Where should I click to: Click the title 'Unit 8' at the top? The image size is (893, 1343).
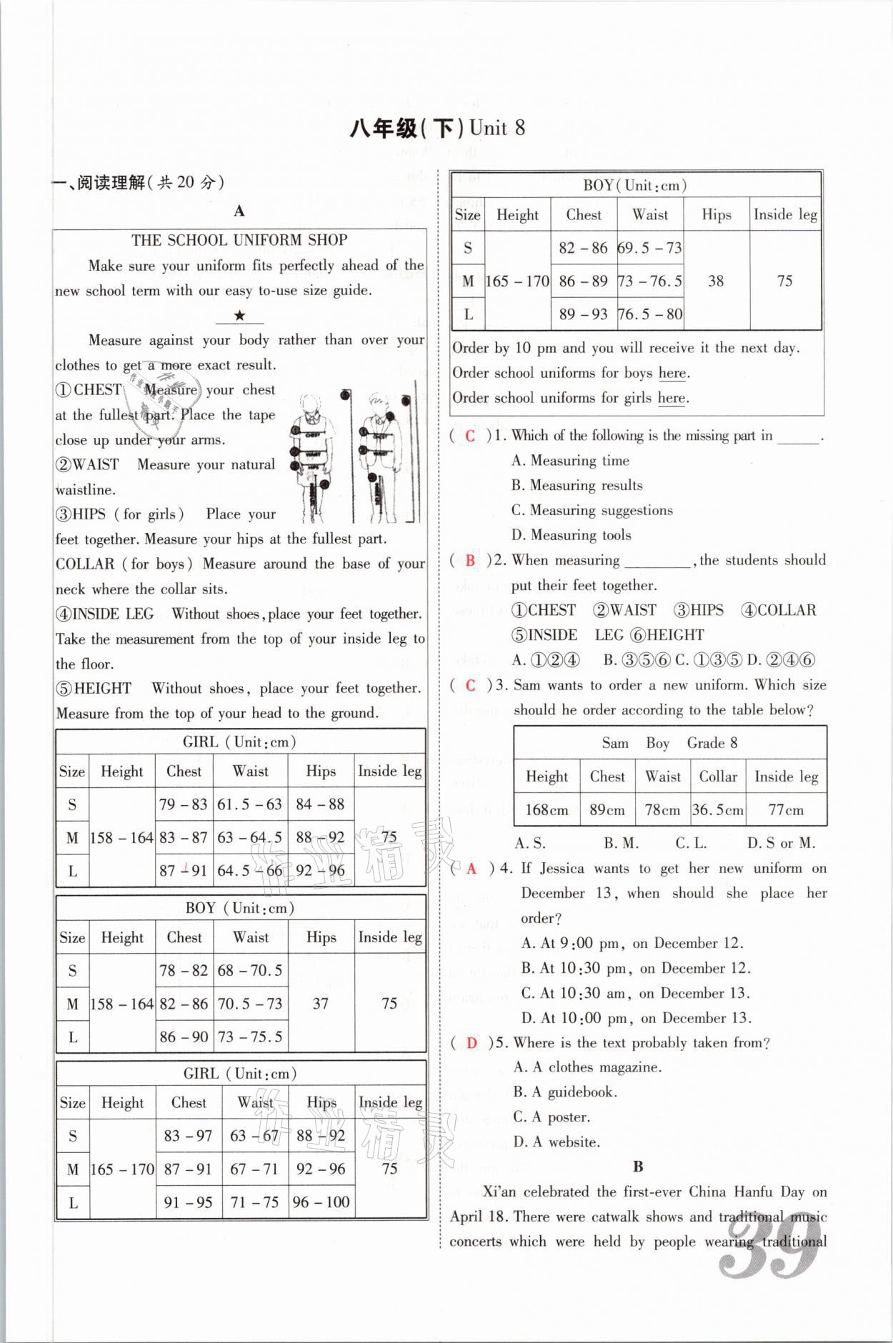click(x=497, y=129)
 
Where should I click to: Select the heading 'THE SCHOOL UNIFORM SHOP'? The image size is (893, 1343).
click(x=239, y=240)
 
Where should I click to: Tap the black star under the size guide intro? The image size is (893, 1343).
click(x=240, y=316)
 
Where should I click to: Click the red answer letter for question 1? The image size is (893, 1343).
click(x=469, y=436)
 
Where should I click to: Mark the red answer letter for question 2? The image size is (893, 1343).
click(x=469, y=561)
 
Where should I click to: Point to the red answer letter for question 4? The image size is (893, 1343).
click(x=471, y=869)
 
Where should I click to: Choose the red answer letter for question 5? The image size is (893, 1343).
click(x=472, y=1043)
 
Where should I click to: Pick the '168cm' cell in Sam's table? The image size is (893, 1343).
click(x=547, y=810)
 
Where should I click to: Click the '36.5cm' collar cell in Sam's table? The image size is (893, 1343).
click(x=717, y=810)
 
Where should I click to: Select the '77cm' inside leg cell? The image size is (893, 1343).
click(x=785, y=810)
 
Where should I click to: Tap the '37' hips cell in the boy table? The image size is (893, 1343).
click(x=321, y=1004)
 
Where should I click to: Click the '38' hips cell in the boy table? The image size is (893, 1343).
click(x=716, y=281)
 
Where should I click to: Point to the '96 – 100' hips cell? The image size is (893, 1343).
click(x=321, y=1202)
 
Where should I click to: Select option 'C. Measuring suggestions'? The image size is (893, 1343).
click(x=592, y=510)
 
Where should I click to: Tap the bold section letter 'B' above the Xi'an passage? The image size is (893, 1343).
click(x=638, y=1167)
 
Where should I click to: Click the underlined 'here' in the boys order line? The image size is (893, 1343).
click(x=672, y=373)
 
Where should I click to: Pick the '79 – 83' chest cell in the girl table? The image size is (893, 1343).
click(x=184, y=804)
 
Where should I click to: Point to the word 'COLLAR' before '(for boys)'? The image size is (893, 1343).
click(x=85, y=564)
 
